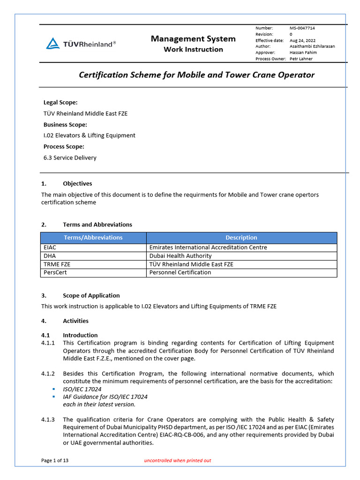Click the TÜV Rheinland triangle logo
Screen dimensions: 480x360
click(53, 44)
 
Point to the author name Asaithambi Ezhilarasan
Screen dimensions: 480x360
click(312, 46)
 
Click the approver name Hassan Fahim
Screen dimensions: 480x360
click(303, 52)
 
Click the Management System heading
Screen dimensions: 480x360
click(193, 39)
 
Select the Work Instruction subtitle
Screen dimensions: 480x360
click(193, 50)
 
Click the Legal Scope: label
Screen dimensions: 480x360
click(60, 102)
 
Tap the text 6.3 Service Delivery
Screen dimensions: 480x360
click(70, 158)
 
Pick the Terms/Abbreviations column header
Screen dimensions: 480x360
click(93, 238)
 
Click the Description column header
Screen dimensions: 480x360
click(241, 238)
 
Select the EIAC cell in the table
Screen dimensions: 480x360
click(50, 247)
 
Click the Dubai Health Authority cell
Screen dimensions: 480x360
click(180, 256)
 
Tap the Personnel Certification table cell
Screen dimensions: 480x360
click(180, 272)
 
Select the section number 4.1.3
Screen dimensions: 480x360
click(48, 420)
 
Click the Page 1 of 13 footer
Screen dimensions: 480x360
click(55, 461)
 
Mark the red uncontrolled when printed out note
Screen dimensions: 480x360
click(178, 461)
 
